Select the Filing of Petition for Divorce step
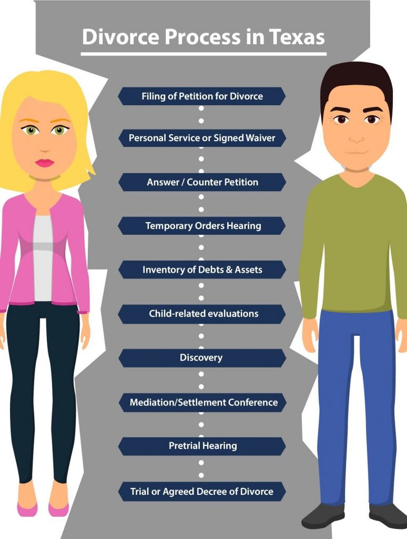(x=202, y=96)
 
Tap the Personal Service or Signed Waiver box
(x=202, y=138)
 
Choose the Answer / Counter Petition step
(x=202, y=182)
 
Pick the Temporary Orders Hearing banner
(x=202, y=226)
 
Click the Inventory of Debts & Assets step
(x=202, y=269)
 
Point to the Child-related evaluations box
(x=202, y=314)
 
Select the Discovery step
(x=202, y=358)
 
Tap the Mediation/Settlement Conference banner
(x=202, y=402)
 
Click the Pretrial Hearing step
(x=202, y=446)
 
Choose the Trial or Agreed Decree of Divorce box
(x=202, y=492)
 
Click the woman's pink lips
(x=45, y=163)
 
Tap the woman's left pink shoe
(x=27, y=508)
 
